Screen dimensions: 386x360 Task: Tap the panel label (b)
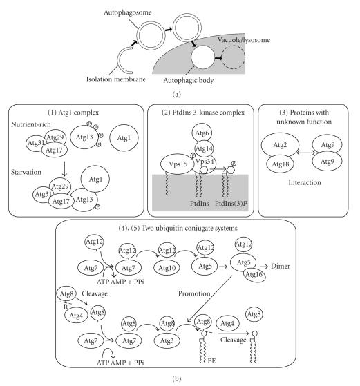pyautogui.click(x=180, y=378)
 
